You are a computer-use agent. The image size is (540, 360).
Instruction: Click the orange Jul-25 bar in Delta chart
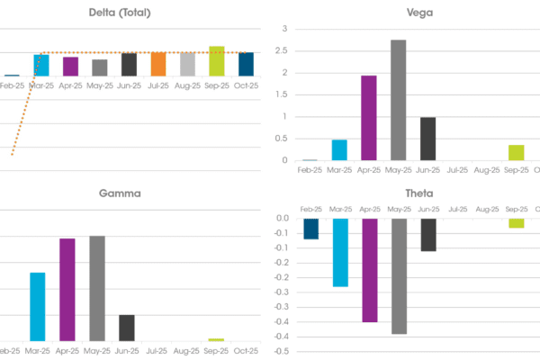[x=157, y=64]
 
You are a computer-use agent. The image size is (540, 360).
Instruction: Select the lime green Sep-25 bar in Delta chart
[x=216, y=61]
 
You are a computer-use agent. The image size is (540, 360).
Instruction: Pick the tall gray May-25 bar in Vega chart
[x=398, y=100]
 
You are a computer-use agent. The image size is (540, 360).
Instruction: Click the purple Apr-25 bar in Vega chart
[x=368, y=118]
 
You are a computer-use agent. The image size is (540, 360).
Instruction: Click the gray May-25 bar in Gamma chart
[x=97, y=288]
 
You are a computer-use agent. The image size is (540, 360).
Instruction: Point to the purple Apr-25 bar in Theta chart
[x=368, y=270]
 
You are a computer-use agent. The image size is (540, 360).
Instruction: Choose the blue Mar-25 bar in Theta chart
[x=339, y=252]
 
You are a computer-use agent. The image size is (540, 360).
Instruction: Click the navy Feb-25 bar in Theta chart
[x=310, y=229]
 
